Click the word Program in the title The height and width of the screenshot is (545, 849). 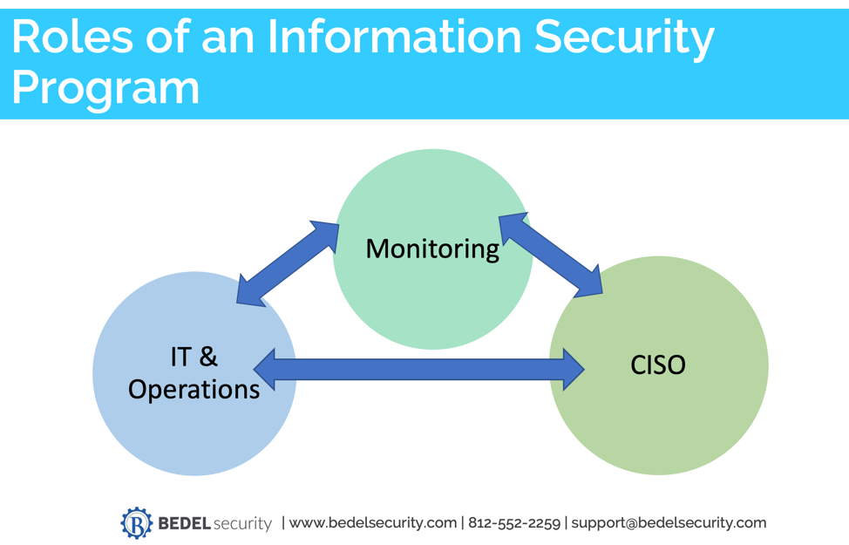105,88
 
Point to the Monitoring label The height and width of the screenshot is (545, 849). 432,249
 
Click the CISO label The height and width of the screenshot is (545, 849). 657,364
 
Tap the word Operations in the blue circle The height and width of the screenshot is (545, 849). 194,389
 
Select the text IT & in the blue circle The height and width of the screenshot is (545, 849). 194,356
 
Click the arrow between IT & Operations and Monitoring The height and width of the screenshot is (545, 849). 288,263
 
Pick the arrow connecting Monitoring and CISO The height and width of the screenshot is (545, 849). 550,254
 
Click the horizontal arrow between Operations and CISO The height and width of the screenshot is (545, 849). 418,369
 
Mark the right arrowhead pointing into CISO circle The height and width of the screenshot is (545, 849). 572,369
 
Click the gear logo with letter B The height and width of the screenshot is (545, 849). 136,523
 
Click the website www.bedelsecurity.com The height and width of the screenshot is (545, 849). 372,523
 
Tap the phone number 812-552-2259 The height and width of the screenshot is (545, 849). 514,523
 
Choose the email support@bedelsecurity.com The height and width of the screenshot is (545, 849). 669,523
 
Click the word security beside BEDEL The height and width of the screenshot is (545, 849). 241,524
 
